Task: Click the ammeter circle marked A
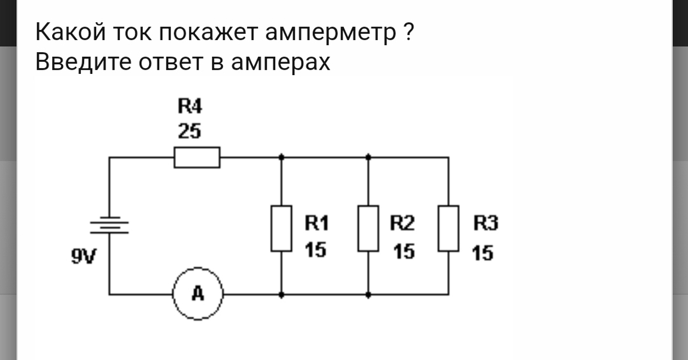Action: pos(198,294)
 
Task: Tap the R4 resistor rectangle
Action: pos(197,157)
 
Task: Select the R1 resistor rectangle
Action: pos(281,228)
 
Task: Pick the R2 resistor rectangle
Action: pos(368,228)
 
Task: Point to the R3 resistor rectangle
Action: pos(448,228)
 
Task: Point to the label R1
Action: pos(316,223)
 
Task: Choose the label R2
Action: pos(402,223)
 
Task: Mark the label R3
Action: pos(486,223)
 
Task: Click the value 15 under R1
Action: pos(315,250)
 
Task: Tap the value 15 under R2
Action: pos(404,252)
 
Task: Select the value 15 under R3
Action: pos(482,252)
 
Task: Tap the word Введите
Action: pos(82,61)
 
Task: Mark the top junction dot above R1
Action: pos(281,156)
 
